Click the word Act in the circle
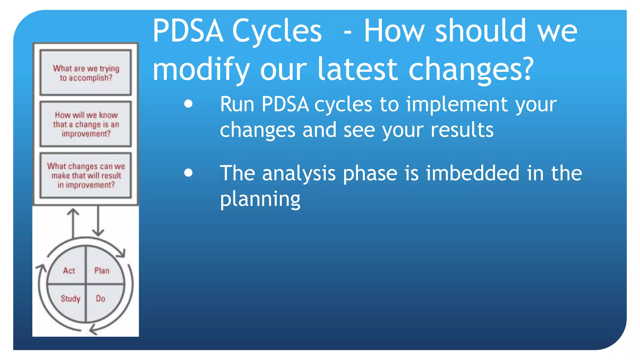coord(69,271)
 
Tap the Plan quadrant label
coord(102,271)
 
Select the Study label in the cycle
coord(70,299)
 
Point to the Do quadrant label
coord(101,299)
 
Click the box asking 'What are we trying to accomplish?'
coord(86,72)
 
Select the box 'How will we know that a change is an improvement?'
coord(86,124)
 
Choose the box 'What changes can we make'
coord(86,175)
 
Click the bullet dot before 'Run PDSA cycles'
coord(188,104)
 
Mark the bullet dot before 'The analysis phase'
coord(188,173)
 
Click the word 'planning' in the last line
coord(260,199)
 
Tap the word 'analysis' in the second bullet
coord(299,174)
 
